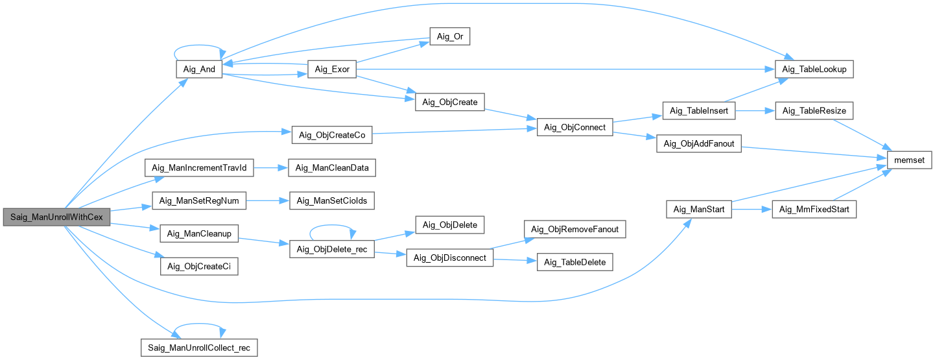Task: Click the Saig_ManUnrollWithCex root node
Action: pos(56,217)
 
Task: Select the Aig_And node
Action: pos(200,70)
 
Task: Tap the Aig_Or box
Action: pos(449,37)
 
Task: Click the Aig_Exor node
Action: pos(331,70)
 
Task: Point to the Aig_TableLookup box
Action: pos(814,69)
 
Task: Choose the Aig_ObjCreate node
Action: pos(450,102)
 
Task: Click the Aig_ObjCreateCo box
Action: pos(332,135)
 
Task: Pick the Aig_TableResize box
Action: pos(814,112)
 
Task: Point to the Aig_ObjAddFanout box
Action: pos(698,143)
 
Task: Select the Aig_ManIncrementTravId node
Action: pos(198,168)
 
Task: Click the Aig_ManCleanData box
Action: pos(332,168)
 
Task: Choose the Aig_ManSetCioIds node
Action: pos(332,200)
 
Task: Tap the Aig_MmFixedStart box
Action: pos(814,210)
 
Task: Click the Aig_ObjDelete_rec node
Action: pos(331,250)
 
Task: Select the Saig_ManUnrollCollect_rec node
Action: pos(200,347)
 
